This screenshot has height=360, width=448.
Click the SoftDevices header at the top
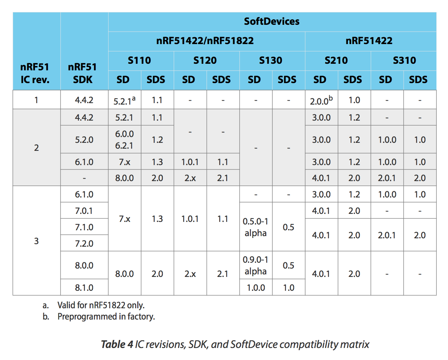point(272,21)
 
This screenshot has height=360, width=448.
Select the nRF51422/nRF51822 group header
point(205,41)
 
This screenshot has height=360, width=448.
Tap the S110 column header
point(139,60)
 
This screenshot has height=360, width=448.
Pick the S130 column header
point(271,60)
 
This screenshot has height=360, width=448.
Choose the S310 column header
point(404,60)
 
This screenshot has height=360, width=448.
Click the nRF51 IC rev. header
point(35,73)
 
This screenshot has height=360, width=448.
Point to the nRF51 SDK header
point(83,73)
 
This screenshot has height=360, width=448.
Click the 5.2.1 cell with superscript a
point(124,101)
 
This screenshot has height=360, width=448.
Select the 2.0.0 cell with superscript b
point(321,101)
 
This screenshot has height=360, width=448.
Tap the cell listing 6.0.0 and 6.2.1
point(124,140)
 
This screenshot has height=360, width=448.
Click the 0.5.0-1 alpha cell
point(255,227)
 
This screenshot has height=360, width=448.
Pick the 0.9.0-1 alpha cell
point(255,266)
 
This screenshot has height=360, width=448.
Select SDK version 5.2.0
point(84,140)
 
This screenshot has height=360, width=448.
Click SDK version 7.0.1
point(84,211)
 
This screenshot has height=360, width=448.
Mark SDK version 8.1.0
point(84,288)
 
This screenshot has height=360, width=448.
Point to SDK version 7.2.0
point(84,243)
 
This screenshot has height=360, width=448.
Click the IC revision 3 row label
point(36,241)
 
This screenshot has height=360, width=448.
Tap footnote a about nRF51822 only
point(101,305)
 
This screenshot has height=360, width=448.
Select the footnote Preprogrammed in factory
point(106,317)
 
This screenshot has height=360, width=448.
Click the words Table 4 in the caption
point(117,344)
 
